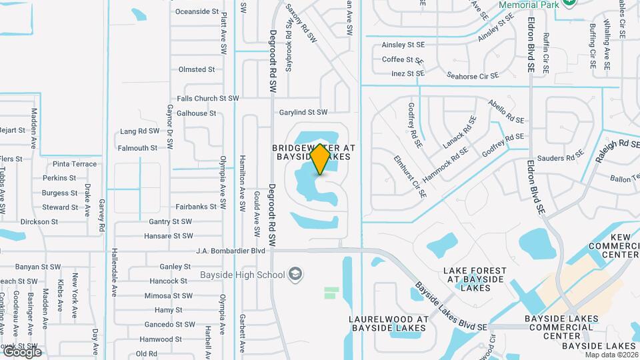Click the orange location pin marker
pyautogui.click(x=320, y=159)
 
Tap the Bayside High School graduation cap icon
pyautogui.click(x=295, y=274)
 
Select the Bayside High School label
pyautogui.click(x=243, y=275)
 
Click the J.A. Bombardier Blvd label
pyautogui.click(x=231, y=251)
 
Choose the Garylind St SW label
pyautogui.click(x=303, y=113)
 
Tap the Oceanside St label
pyautogui.click(x=197, y=11)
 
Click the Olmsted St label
pyautogui.click(x=197, y=69)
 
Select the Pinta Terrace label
pyautogui.click(x=75, y=163)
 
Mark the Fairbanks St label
pyautogui.click(x=197, y=207)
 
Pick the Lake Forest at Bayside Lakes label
pyautogui.click(x=475, y=279)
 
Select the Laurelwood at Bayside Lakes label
pyautogui.click(x=387, y=323)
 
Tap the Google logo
pyautogui.click(x=22, y=352)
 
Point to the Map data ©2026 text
pyautogui.click(x=611, y=354)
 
